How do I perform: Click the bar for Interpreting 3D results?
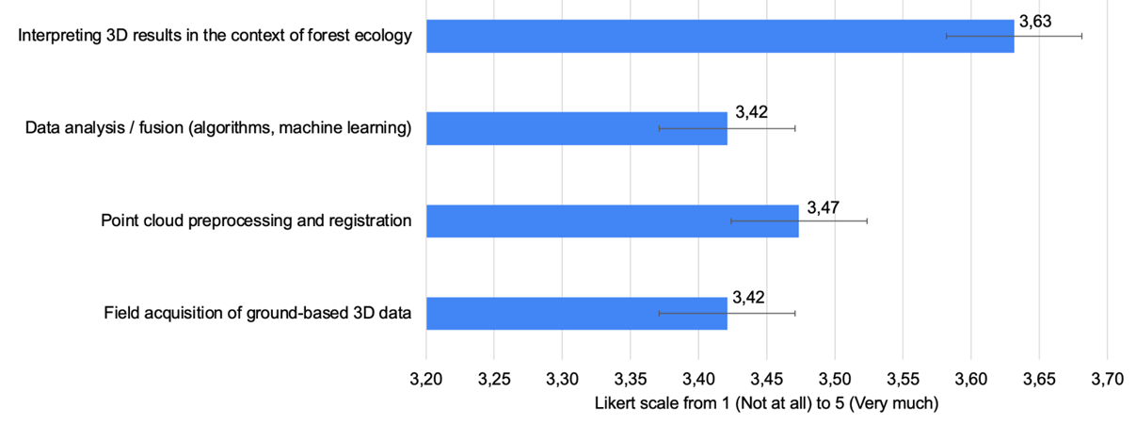point(720,36)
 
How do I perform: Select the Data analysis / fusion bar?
point(576,128)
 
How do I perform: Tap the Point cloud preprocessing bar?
point(612,221)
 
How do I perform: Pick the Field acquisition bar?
point(576,313)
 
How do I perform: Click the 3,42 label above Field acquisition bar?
point(750,298)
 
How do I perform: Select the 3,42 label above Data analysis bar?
point(750,113)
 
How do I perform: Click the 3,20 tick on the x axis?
point(426,380)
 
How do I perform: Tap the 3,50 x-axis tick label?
point(835,380)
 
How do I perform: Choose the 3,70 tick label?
point(1107,380)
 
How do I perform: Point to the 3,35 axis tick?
point(631,380)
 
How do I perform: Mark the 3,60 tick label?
point(970,380)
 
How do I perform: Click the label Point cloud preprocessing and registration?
point(256,221)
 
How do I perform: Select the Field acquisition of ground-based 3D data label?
point(257,314)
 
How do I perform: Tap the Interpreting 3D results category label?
point(216,37)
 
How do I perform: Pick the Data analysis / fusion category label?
point(218,129)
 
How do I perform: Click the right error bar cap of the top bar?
point(1081,36)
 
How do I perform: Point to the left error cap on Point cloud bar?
point(731,221)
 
